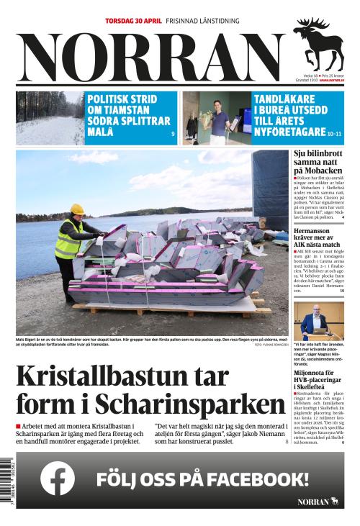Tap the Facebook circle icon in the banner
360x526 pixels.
pos(58,479)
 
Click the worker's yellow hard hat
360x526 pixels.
pos(76,209)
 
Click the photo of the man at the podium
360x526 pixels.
pos(318,321)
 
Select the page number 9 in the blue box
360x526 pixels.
pos(173,135)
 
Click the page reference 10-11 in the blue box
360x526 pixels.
pos(334,134)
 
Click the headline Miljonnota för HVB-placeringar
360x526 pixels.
pos(318,378)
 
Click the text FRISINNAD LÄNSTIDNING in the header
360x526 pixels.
pos(202,22)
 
